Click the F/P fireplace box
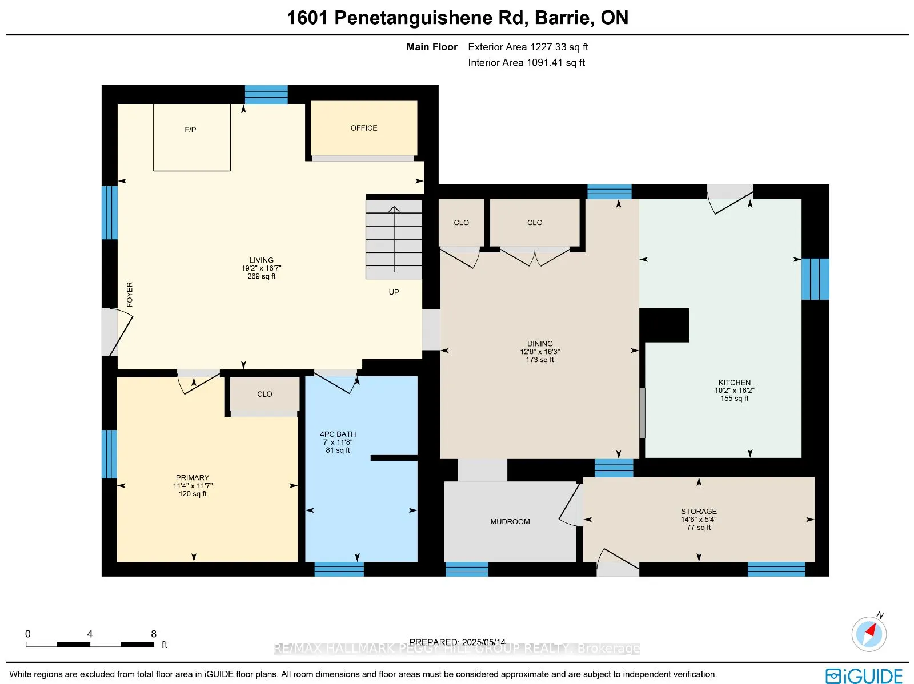pyautogui.click(x=191, y=137)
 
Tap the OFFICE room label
pyautogui.click(x=364, y=128)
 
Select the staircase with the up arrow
pyautogui.click(x=394, y=239)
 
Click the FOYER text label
pyautogui.click(x=130, y=295)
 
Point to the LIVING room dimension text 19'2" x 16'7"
pyautogui.click(x=261, y=268)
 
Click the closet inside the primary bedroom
pyautogui.click(x=264, y=394)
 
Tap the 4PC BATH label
pyautogui.click(x=338, y=434)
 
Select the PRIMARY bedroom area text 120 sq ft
pyautogui.click(x=193, y=494)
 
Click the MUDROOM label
pyautogui.click(x=510, y=521)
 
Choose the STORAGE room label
pyautogui.click(x=699, y=511)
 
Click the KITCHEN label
pyautogui.click(x=735, y=383)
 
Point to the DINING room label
pyautogui.click(x=540, y=344)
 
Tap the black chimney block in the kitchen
pyautogui.click(x=664, y=325)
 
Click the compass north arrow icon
pyautogui.click(x=869, y=633)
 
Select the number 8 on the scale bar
pyautogui.click(x=154, y=634)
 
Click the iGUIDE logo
pyautogui.click(x=864, y=676)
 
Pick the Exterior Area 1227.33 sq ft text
pyautogui.click(x=528, y=47)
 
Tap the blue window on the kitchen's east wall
pyautogui.click(x=815, y=279)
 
